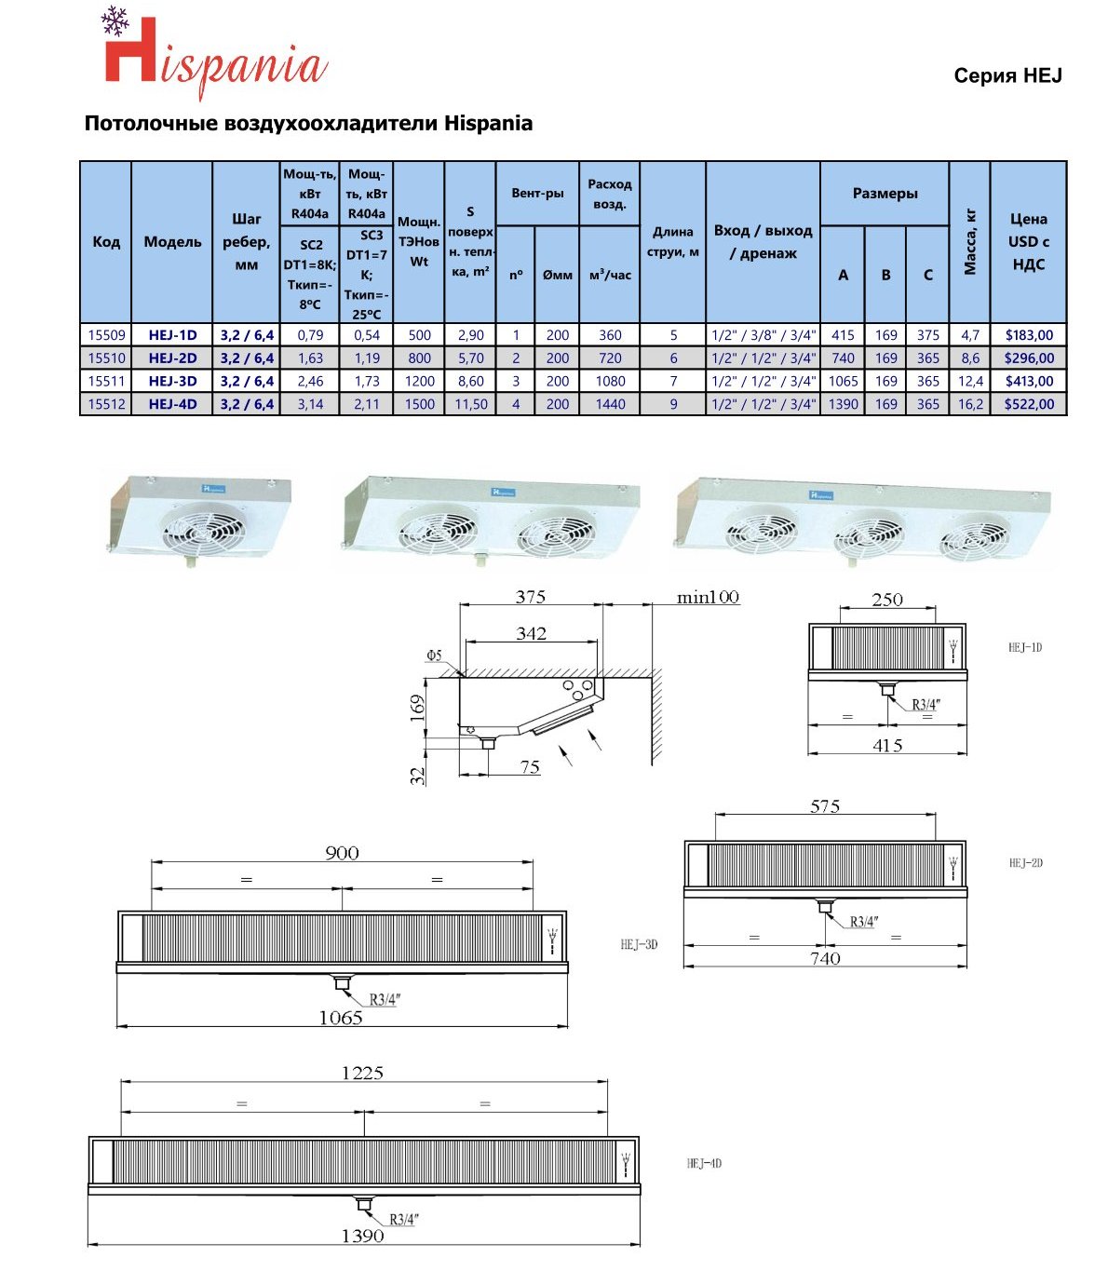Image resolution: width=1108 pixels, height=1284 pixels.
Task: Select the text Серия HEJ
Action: pyautogui.click(x=1007, y=76)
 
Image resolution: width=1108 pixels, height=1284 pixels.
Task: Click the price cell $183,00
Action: pyautogui.click(x=1029, y=335)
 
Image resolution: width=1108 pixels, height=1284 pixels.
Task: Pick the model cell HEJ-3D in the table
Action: pyautogui.click(x=172, y=381)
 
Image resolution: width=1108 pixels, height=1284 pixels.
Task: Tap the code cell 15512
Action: pyautogui.click(x=106, y=404)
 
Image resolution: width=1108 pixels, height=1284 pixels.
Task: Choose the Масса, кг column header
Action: pyautogui.click(x=970, y=242)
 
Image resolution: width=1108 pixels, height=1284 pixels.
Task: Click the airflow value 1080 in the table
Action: pyautogui.click(x=610, y=381)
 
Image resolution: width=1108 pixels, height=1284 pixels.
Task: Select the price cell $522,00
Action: pyautogui.click(x=1029, y=404)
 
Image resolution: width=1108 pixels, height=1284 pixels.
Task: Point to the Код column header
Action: pyautogui.click(x=106, y=242)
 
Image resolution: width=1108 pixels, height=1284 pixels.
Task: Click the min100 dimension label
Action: pyautogui.click(x=708, y=598)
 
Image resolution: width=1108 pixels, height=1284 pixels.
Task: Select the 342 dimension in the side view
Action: pyautogui.click(x=531, y=633)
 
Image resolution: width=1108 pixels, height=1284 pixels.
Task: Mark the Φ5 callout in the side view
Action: pyautogui.click(x=434, y=656)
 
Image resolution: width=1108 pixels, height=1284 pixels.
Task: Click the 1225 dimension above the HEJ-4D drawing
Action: pyautogui.click(x=362, y=1073)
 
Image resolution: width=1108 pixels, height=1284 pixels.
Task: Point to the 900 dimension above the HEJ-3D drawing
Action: pyautogui.click(x=342, y=853)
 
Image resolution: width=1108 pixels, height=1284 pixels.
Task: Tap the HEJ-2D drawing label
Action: pyautogui.click(x=1025, y=863)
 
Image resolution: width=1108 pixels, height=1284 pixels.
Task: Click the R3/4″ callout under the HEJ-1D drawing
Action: pyautogui.click(x=925, y=705)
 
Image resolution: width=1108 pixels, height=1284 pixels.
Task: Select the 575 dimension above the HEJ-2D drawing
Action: pyautogui.click(x=825, y=806)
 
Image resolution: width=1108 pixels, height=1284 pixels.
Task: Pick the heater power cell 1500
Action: pyautogui.click(x=419, y=404)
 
